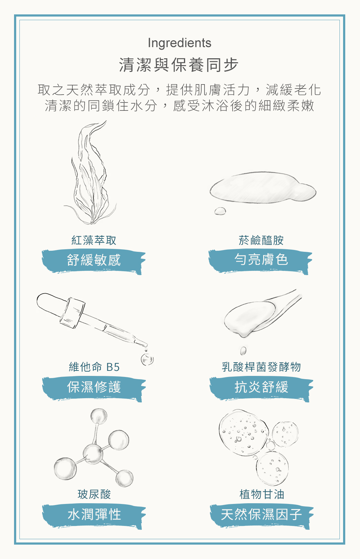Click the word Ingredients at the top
(x=179, y=43)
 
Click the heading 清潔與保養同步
(x=179, y=65)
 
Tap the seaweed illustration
(x=90, y=173)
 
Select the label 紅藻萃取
(x=94, y=240)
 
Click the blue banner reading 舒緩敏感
(x=94, y=261)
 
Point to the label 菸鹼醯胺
(x=261, y=240)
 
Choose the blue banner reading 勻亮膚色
(x=261, y=261)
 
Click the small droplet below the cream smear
(x=220, y=211)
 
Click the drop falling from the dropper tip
(x=147, y=360)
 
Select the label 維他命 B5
(x=94, y=367)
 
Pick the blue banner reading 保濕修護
(x=94, y=388)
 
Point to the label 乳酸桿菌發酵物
(x=261, y=367)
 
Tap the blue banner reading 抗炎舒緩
(x=261, y=388)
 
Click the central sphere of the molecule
(x=93, y=454)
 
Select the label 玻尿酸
(x=94, y=494)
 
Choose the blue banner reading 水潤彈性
(x=94, y=515)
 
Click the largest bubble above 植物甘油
(x=244, y=432)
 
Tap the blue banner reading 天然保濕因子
(x=261, y=515)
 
